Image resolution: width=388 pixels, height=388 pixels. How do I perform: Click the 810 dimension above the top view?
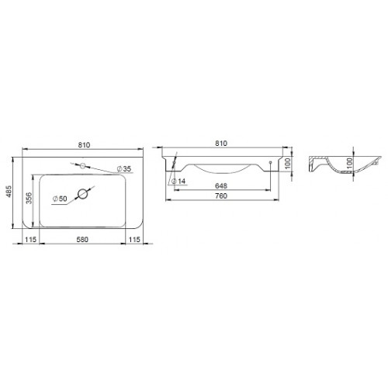pos(84,145)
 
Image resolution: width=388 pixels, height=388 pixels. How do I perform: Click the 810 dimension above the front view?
pos(221,143)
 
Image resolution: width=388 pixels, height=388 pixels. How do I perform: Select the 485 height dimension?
pos(9,192)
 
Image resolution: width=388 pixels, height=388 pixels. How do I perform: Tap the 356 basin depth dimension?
pos(29,198)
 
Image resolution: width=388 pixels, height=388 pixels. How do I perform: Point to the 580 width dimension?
pos(82,240)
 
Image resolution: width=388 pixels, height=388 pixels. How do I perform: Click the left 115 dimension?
pos(30,240)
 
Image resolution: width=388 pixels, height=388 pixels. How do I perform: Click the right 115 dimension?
pos(134,240)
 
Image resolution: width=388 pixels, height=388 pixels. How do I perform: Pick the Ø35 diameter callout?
pos(124,169)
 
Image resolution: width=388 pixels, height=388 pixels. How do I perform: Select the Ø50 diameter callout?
pos(60,199)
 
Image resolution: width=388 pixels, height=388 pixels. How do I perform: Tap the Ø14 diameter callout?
pos(178,182)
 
